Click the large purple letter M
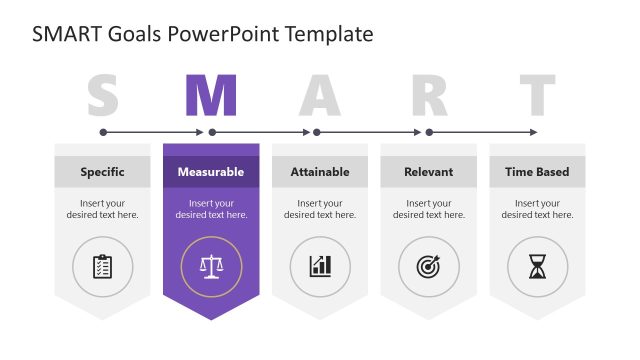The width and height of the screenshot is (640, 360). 211,97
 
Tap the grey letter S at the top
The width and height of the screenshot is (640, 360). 102,97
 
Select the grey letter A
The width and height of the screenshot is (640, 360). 320,97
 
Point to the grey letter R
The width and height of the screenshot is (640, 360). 429,97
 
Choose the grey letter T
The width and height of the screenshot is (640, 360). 537,97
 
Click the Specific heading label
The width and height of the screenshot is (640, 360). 102,172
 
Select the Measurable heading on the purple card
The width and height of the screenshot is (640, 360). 211,172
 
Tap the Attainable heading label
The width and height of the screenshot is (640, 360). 320,172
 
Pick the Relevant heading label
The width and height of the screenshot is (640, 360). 429,172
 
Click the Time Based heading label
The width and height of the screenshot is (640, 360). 537,172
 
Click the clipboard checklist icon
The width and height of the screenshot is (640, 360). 102,266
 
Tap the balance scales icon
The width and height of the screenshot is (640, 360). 211,266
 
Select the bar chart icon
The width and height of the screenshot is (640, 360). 320,266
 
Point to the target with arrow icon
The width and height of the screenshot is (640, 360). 429,266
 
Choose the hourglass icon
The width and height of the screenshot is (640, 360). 538,266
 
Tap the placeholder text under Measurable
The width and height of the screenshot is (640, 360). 211,209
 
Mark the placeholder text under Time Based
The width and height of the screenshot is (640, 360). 537,209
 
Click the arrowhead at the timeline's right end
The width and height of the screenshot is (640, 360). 533,132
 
